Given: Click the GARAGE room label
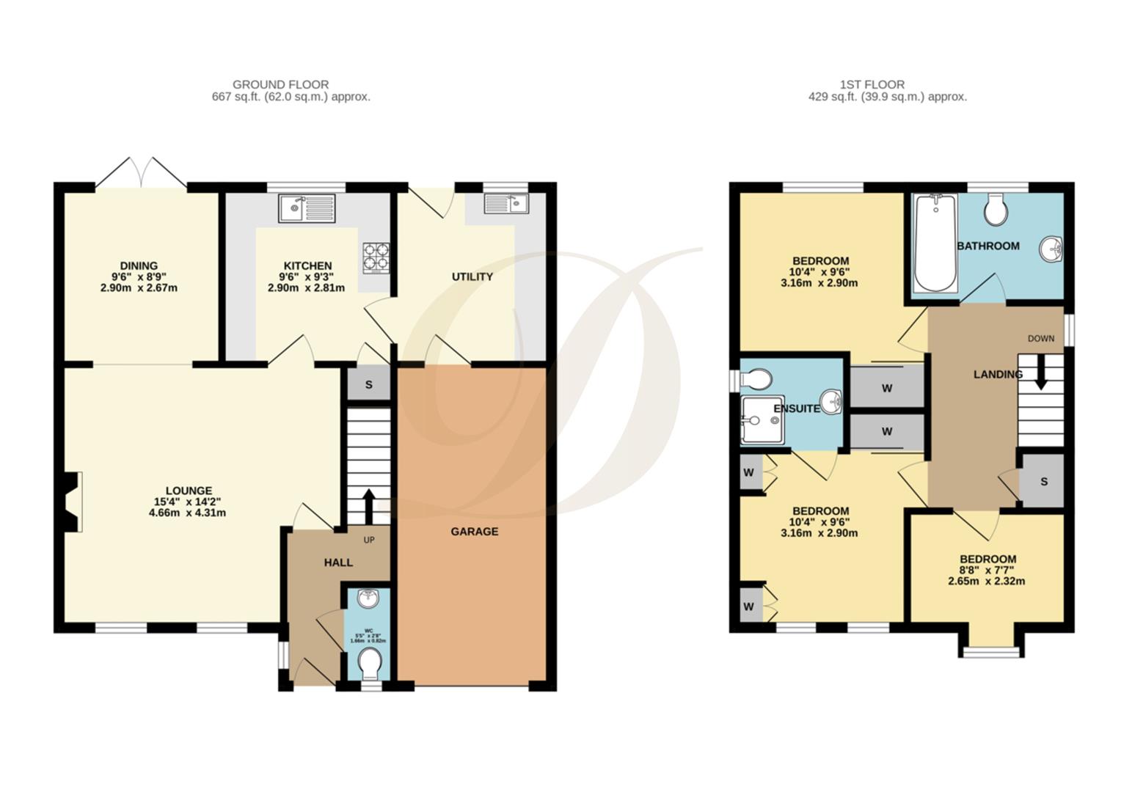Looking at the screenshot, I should (474, 532).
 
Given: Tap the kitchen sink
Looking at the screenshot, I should (307, 208).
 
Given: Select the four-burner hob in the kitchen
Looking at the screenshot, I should (376, 258).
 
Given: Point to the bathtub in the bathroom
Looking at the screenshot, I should (935, 243).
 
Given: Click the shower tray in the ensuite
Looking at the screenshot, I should (762, 420).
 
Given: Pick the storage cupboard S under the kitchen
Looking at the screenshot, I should (368, 385).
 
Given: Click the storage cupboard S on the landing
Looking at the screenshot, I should (1043, 482).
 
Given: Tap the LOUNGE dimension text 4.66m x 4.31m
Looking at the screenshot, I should (187, 513).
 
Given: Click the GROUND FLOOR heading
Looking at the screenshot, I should (280, 84).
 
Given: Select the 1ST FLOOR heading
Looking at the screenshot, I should (872, 84).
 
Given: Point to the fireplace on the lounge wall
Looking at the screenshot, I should (72, 501).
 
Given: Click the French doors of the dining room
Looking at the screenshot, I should (141, 173).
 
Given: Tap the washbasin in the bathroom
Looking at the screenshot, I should (1051, 249).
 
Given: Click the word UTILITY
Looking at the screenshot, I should (472, 276).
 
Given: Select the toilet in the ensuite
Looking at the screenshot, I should (755, 379).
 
